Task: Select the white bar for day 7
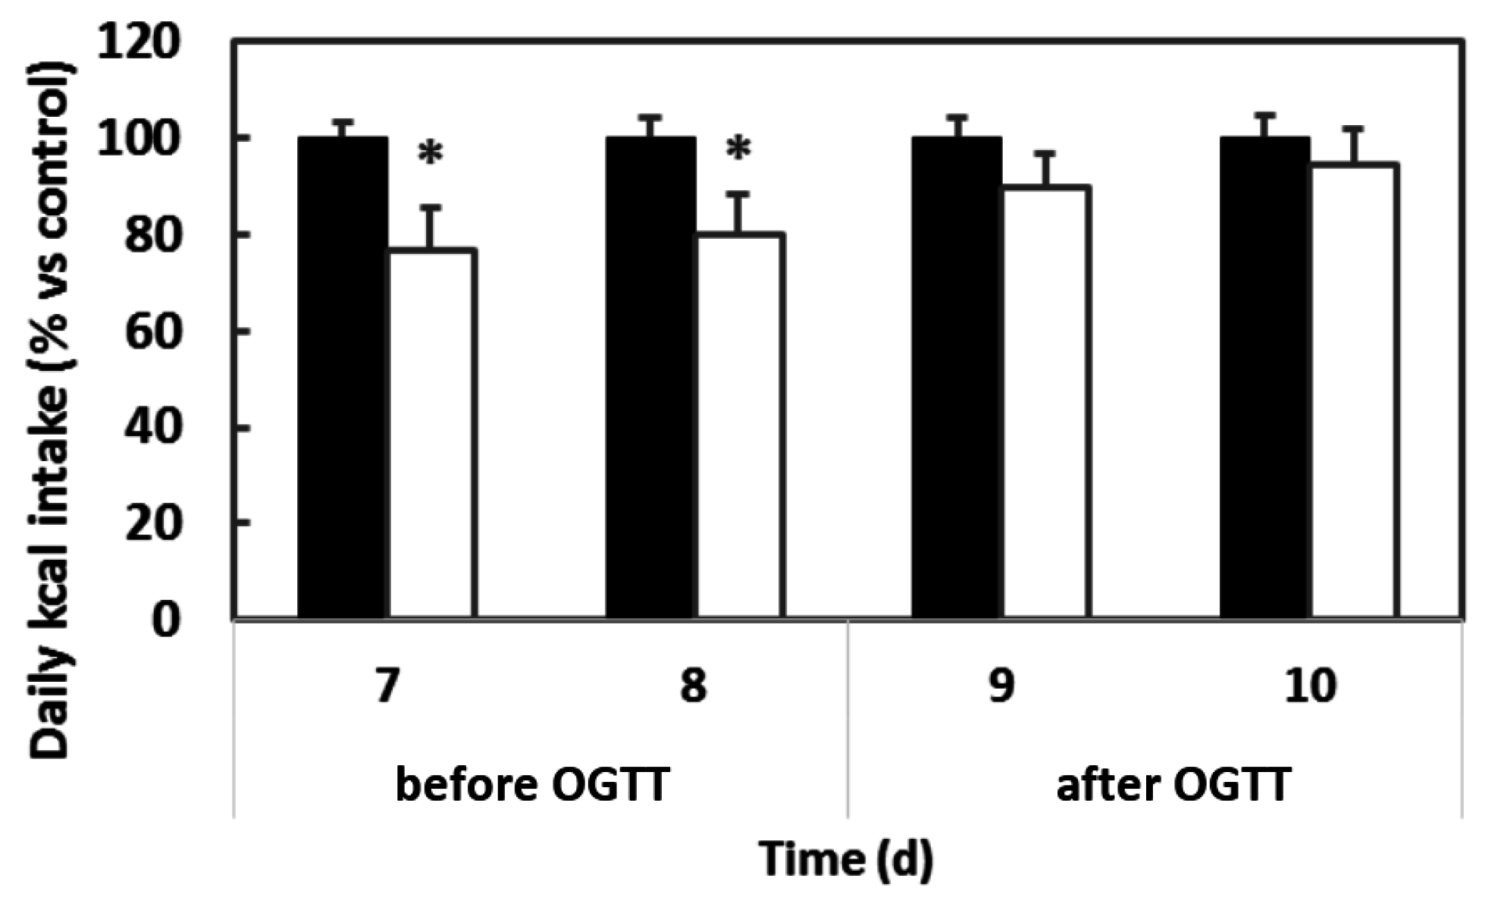(432, 432)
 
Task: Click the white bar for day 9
(1046, 402)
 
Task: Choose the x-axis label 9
(1001, 686)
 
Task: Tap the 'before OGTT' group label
(532, 785)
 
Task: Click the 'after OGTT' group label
(1173, 785)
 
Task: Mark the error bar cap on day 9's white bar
(1046, 154)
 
